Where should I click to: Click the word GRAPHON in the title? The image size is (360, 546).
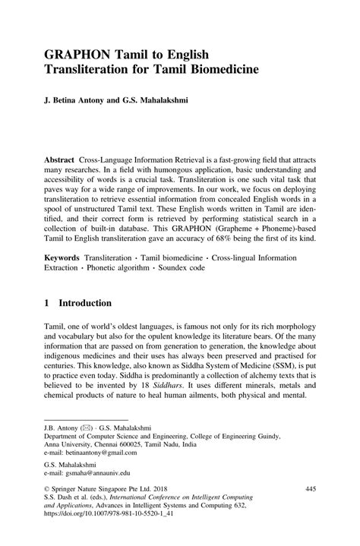tap(80, 55)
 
